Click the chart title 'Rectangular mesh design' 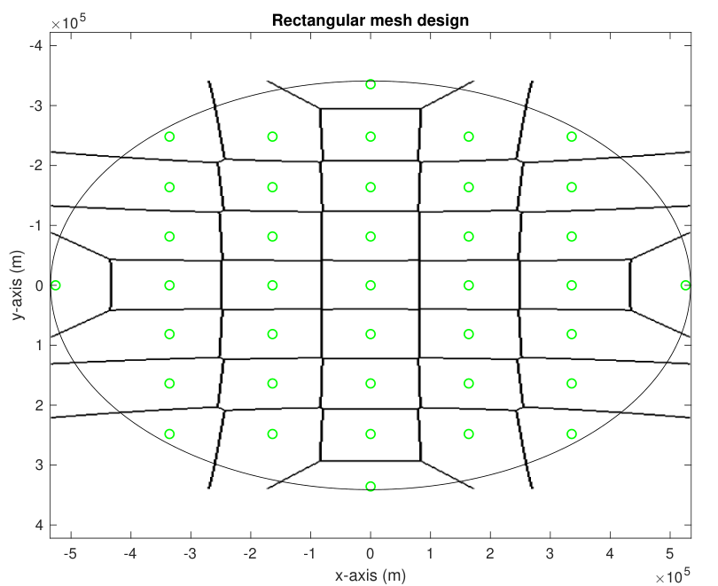[371, 20]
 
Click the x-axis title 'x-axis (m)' [371, 574]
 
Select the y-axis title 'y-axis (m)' [18, 285]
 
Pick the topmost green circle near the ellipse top [371, 84]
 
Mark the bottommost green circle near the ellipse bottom [371, 486]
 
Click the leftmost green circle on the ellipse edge [56, 285]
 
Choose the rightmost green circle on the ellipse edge [685, 285]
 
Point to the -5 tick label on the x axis [70, 553]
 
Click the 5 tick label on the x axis [670, 553]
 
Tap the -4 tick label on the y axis [36, 45]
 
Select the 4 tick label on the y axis [39, 525]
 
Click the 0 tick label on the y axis [39, 285]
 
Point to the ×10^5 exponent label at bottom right [672, 575]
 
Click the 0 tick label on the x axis [371, 553]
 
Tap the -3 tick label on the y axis [36, 105]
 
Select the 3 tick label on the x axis [550, 553]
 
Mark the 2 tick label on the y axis [39, 405]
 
